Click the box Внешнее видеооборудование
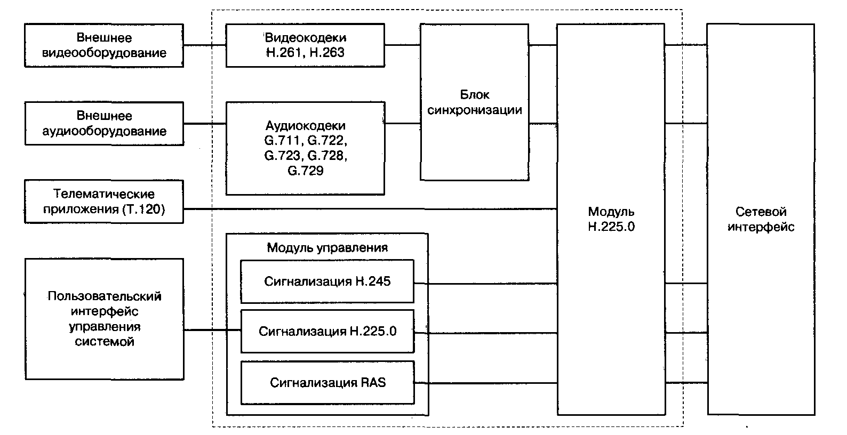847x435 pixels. click(x=104, y=45)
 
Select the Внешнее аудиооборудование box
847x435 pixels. click(x=104, y=124)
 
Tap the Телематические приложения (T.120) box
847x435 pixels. click(x=104, y=202)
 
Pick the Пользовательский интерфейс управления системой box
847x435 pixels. click(x=104, y=319)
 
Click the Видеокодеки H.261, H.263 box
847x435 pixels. click(x=305, y=45)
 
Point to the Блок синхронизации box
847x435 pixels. click(x=474, y=102)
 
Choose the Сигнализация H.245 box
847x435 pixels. click(x=327, y=281)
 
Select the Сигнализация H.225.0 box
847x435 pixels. click(x=327, y=332)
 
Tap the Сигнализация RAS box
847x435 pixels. click(x=327, y=383)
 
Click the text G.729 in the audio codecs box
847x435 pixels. click(x=305, y=171)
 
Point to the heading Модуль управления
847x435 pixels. click(x=327, y=248)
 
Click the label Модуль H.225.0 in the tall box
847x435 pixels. click(x=611, y=219)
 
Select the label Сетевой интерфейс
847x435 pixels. click(x=761, y=219)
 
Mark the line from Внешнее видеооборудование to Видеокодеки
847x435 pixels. click(x=204, y=45)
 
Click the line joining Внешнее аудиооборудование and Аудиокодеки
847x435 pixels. click(x=204, y=124)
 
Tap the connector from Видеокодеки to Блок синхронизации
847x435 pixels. click(x=402, y=45)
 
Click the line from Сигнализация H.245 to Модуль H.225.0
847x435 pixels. click(x=485, y=283)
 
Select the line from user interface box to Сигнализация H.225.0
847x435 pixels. click(x=212, y=331)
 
